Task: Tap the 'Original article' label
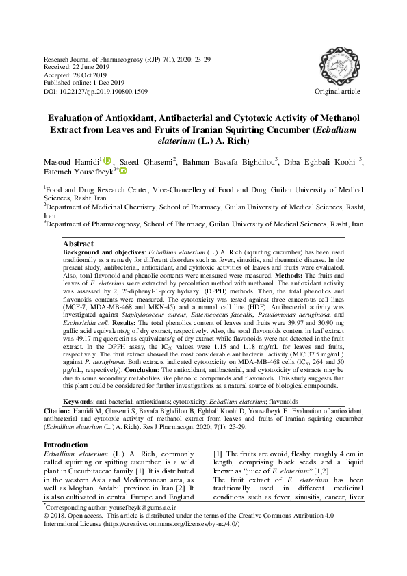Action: [x=337, y=91]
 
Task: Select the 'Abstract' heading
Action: [x=78, y=244]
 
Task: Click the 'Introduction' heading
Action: [x=65, y=426]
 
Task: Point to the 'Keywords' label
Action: [x=78, y=381]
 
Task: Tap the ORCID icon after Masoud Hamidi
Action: [x=108, y=160]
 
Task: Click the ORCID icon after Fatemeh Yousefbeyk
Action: [x=122, y=171]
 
